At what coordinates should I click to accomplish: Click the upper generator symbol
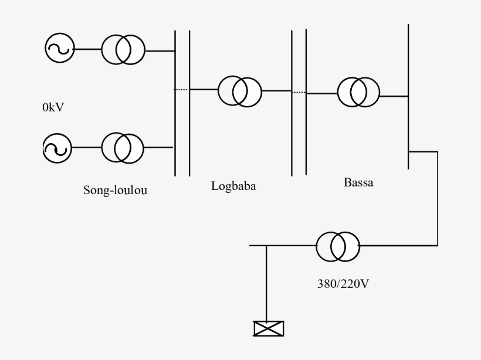(x=60, y=49)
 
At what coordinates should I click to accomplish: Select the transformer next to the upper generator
(x=123, y=50)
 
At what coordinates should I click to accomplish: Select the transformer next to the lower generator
(x=123, y=148)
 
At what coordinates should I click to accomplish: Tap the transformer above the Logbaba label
(x=240, y=91)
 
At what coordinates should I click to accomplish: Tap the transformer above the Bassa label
(x=358, y=91)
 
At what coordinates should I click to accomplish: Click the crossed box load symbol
(x=267, y=329)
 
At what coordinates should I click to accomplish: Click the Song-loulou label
(x=115, y=190)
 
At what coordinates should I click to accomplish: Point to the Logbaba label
(x=233, y=187)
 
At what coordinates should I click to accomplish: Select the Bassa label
(x=358, y=182)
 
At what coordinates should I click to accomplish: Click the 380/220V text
(x=342, y=285)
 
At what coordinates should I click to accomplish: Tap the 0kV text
(x=53, y=107)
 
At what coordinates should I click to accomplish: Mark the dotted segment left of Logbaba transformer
(x=182, y=90)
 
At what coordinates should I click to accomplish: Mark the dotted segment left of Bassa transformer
(x=299, y=92)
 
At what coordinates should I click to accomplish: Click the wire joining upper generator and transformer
(x=87, y=50)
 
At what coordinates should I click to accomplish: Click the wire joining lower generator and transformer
(x=87, y=147)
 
